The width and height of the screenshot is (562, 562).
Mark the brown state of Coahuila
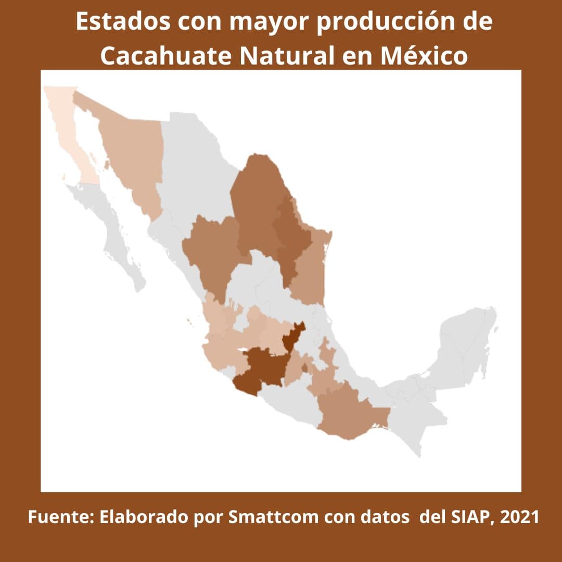(x=255, y=208)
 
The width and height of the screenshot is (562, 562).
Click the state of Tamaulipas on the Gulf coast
(x=310, y=271)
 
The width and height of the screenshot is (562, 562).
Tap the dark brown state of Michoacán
(x=260, y=369)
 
